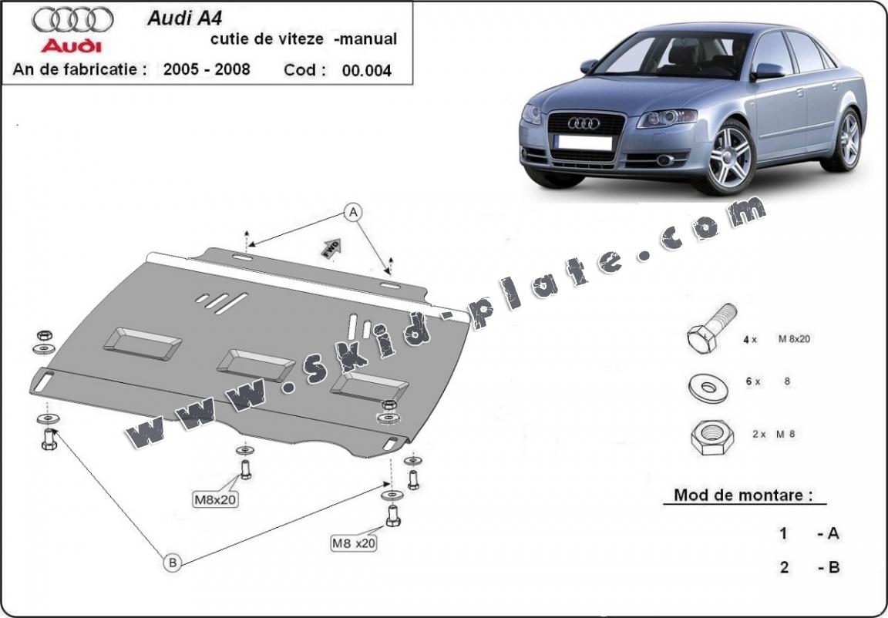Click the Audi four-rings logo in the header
click(x=75, y=18)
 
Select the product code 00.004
click(x=368, y=71)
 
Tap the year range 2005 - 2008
click(x=207, y=69)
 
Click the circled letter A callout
click(x=353, y=211)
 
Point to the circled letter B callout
click(x=173, y=563)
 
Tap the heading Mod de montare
click(x=743, y=495)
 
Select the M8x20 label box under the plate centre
click(x=215, y=499)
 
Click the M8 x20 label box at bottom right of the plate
click(x=354, y=543)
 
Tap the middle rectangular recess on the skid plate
click(x=255, y=361)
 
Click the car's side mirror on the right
click(x=768, y=71)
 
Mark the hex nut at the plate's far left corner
click(x=45, y=335)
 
